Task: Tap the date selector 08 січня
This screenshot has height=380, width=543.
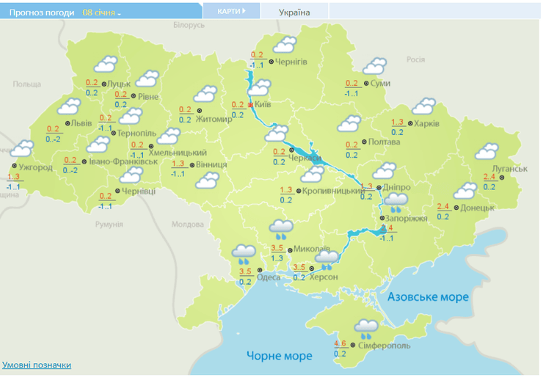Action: point(101,12)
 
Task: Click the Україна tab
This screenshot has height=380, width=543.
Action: point(295,12)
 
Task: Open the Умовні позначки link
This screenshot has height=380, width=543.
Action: point(37,365)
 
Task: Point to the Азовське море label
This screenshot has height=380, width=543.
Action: point(427,297)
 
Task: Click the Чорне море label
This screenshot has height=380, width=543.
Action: point(279,356)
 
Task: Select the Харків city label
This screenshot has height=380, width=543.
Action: point(426,124)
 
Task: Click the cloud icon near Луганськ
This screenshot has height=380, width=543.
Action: point(487,152)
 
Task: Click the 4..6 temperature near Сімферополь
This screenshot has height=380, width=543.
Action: point(340,344)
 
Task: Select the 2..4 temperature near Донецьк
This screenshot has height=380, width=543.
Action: point(443,206)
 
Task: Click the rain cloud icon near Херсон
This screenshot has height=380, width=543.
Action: point(328,257)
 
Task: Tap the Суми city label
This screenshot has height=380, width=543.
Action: point(380,84)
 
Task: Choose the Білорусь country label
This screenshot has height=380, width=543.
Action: point(189,25)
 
